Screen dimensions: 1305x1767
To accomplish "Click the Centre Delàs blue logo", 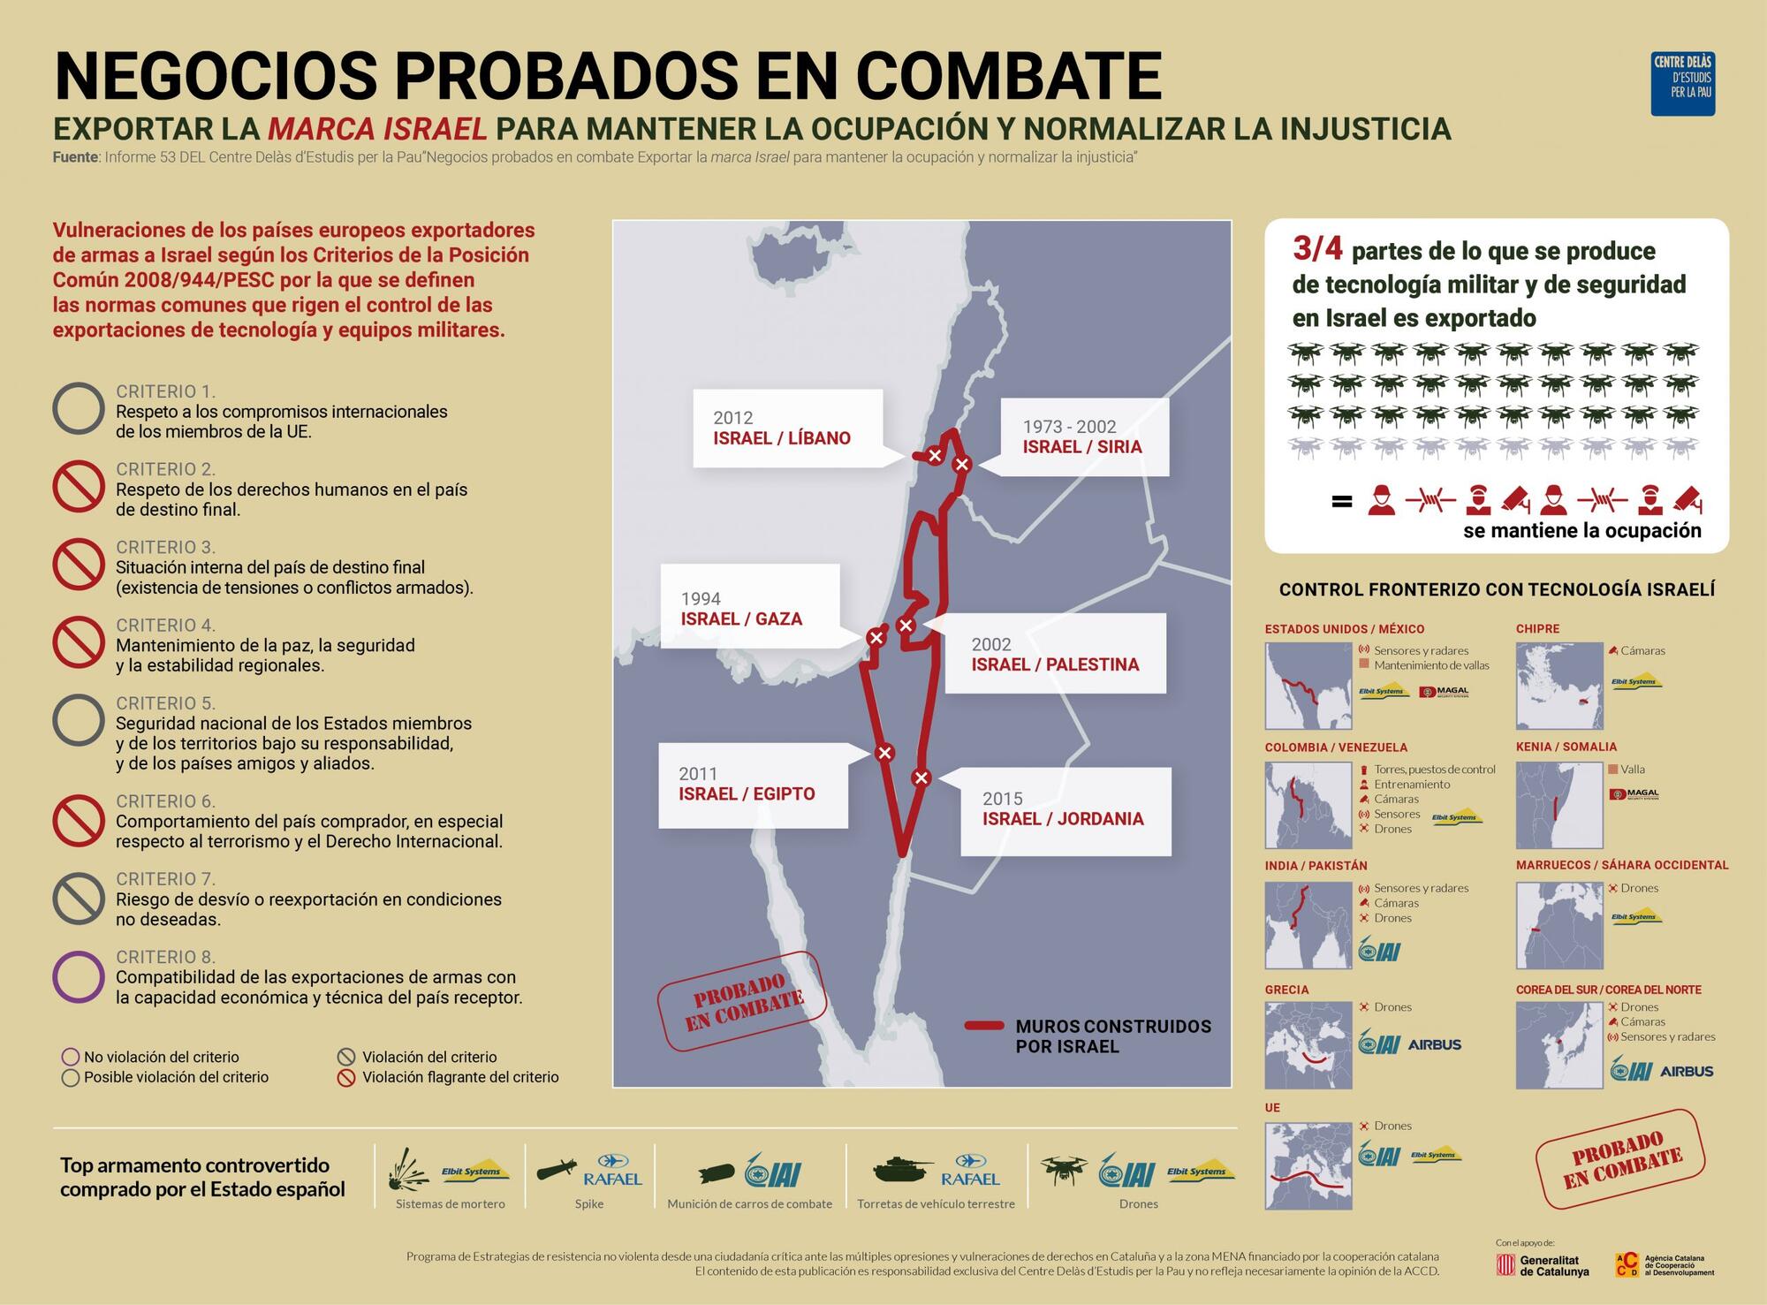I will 1682,84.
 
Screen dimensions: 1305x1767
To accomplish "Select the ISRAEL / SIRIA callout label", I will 1083,437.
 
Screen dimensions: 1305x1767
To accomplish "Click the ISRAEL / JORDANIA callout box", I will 1066,810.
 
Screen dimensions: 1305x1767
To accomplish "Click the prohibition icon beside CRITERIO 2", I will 79,486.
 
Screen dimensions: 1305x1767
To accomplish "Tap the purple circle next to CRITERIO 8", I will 79,976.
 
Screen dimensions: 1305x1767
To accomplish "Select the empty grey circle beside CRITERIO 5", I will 79,720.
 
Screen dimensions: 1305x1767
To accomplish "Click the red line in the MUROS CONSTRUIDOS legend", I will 983,1026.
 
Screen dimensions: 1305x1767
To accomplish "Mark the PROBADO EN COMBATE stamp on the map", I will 742,1002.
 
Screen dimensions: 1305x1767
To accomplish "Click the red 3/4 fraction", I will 1316,249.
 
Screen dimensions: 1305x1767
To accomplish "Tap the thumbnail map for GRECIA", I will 1308,1044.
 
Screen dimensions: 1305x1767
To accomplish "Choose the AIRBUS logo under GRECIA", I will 1434,1044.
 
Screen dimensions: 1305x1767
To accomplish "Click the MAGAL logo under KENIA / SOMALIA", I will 1634,794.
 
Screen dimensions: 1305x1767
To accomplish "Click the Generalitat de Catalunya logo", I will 1543,1265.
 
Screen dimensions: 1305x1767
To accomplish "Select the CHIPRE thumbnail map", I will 1558,686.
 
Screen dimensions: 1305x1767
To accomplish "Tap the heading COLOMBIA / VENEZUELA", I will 1335,747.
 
